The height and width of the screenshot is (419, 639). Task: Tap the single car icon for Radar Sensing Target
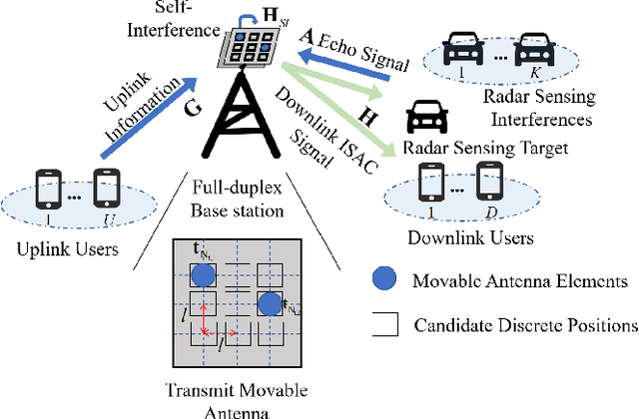click(426, 120)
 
